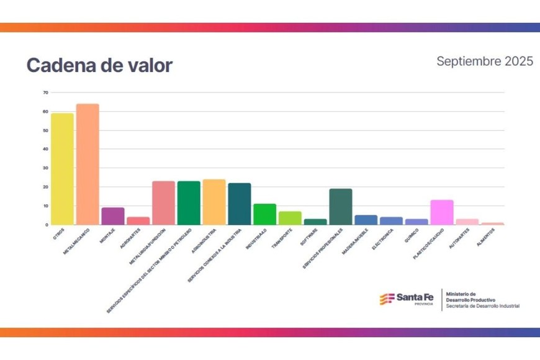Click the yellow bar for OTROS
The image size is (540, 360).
pos(62,169)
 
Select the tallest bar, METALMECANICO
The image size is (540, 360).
pos(88,164)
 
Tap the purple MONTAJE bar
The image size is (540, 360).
pos(113,216)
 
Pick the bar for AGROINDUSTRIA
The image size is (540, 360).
pos(214,202)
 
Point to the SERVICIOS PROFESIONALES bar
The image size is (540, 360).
pos(341,207)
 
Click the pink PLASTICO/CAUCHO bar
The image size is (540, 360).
pos(442,212)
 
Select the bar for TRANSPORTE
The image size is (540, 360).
pos(290,218)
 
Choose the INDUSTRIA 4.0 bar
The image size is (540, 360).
pos(264,214)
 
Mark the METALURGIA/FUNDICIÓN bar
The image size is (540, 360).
pos(163,203)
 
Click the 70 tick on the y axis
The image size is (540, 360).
pos(45,93)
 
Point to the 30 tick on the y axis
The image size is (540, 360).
pos(45,168)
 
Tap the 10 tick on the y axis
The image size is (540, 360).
pos(45,206)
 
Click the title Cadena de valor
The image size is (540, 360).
pos(99,66)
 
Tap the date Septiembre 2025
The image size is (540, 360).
pos(484,61)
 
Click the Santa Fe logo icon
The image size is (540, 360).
pos(387,299)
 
